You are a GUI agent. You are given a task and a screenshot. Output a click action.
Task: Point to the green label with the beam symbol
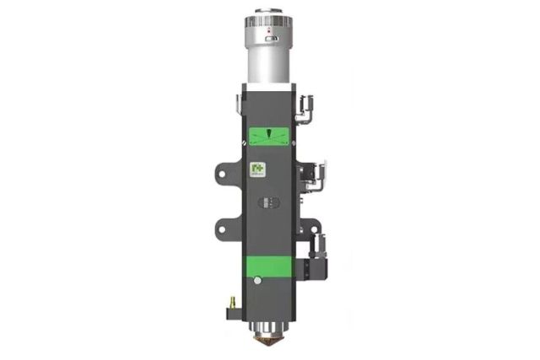[x=270, y=135]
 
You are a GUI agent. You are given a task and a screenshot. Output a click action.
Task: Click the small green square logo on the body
[x=257, y=172]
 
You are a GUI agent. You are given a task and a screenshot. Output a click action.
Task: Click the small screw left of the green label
[x=246, y=135]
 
